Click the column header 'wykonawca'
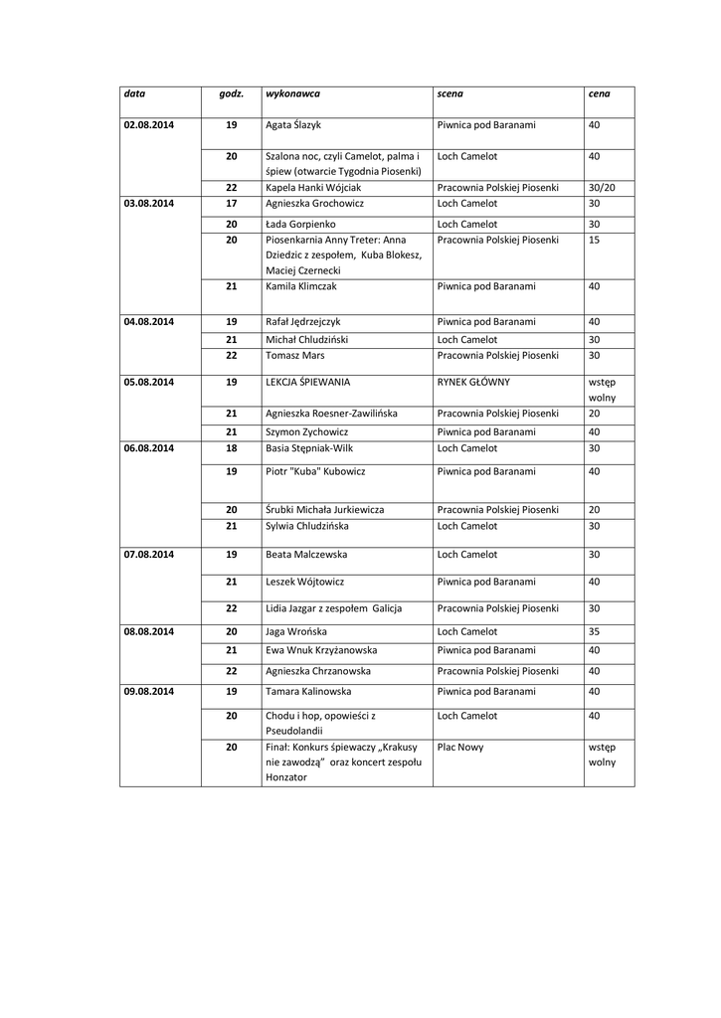292,93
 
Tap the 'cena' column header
599,93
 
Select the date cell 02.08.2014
148,125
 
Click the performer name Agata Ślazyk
293,125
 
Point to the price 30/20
602,187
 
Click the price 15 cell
594,240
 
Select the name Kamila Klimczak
302,286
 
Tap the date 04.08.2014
148,322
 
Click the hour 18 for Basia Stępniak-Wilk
232,448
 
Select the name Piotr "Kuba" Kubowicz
315,471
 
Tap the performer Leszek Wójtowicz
304,582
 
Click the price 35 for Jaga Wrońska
594,632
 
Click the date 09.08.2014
148,691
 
